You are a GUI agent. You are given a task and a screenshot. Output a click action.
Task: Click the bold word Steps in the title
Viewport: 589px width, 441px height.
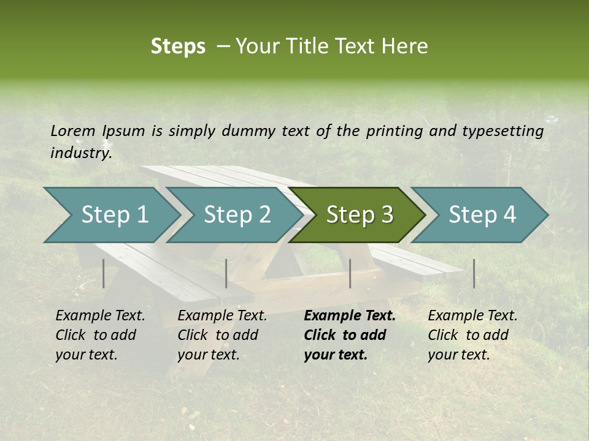tap(178, 47)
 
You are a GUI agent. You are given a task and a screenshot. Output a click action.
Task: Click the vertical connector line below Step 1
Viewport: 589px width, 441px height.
tap(104, 273)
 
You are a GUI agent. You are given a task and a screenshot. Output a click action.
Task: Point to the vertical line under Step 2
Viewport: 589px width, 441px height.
tap(226, 273)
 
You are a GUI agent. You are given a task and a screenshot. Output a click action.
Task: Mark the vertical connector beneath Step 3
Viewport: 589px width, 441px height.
tap(350, 273)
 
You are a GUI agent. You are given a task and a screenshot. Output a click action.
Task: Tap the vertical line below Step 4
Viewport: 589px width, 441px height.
tap(474, 273)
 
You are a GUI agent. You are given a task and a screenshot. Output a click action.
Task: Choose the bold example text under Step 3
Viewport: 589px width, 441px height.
tap(349, 335)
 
